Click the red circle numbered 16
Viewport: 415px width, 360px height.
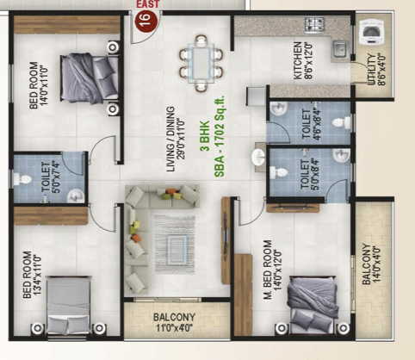pyautogui.click(x=146, y=19)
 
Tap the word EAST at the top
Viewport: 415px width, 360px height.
pyautogui.click(x=147, y=4)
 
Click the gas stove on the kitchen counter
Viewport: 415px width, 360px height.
pyautogui.click(x=315, y=23)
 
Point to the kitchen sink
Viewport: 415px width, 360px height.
pyautogui.click(x=340, y=49)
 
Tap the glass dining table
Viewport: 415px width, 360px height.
pyautogui.click(x=201, y=63)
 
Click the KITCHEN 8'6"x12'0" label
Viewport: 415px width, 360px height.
pyautogui.click(x=302, y=60)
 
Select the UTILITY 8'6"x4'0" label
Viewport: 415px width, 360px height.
pyautogui.click(x=376, y=69)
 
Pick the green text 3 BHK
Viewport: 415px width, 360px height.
pyautogui.click(x=204, y=136)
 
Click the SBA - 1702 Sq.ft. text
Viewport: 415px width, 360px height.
pyautogui.click(x=220, y=136)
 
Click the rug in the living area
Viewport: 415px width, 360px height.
pyautogui.click(x=175, y=245)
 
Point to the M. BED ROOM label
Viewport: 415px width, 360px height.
pyautogui.click(x=268, y=270)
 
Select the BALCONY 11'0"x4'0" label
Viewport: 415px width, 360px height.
pyautogui.click(x=174, y=322)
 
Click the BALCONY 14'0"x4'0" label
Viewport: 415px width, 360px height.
pyautogui.click(x=371, y=264)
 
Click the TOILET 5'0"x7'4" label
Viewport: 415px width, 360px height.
pyautogui.click(x=51, y=177)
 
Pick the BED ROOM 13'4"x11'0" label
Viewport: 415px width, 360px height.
pyautogui.click(x=32, y=275)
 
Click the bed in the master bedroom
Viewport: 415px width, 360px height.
pyautogui.click(x=312, y=305)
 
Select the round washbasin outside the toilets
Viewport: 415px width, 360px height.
pyautogui.click(x=258, y=157)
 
